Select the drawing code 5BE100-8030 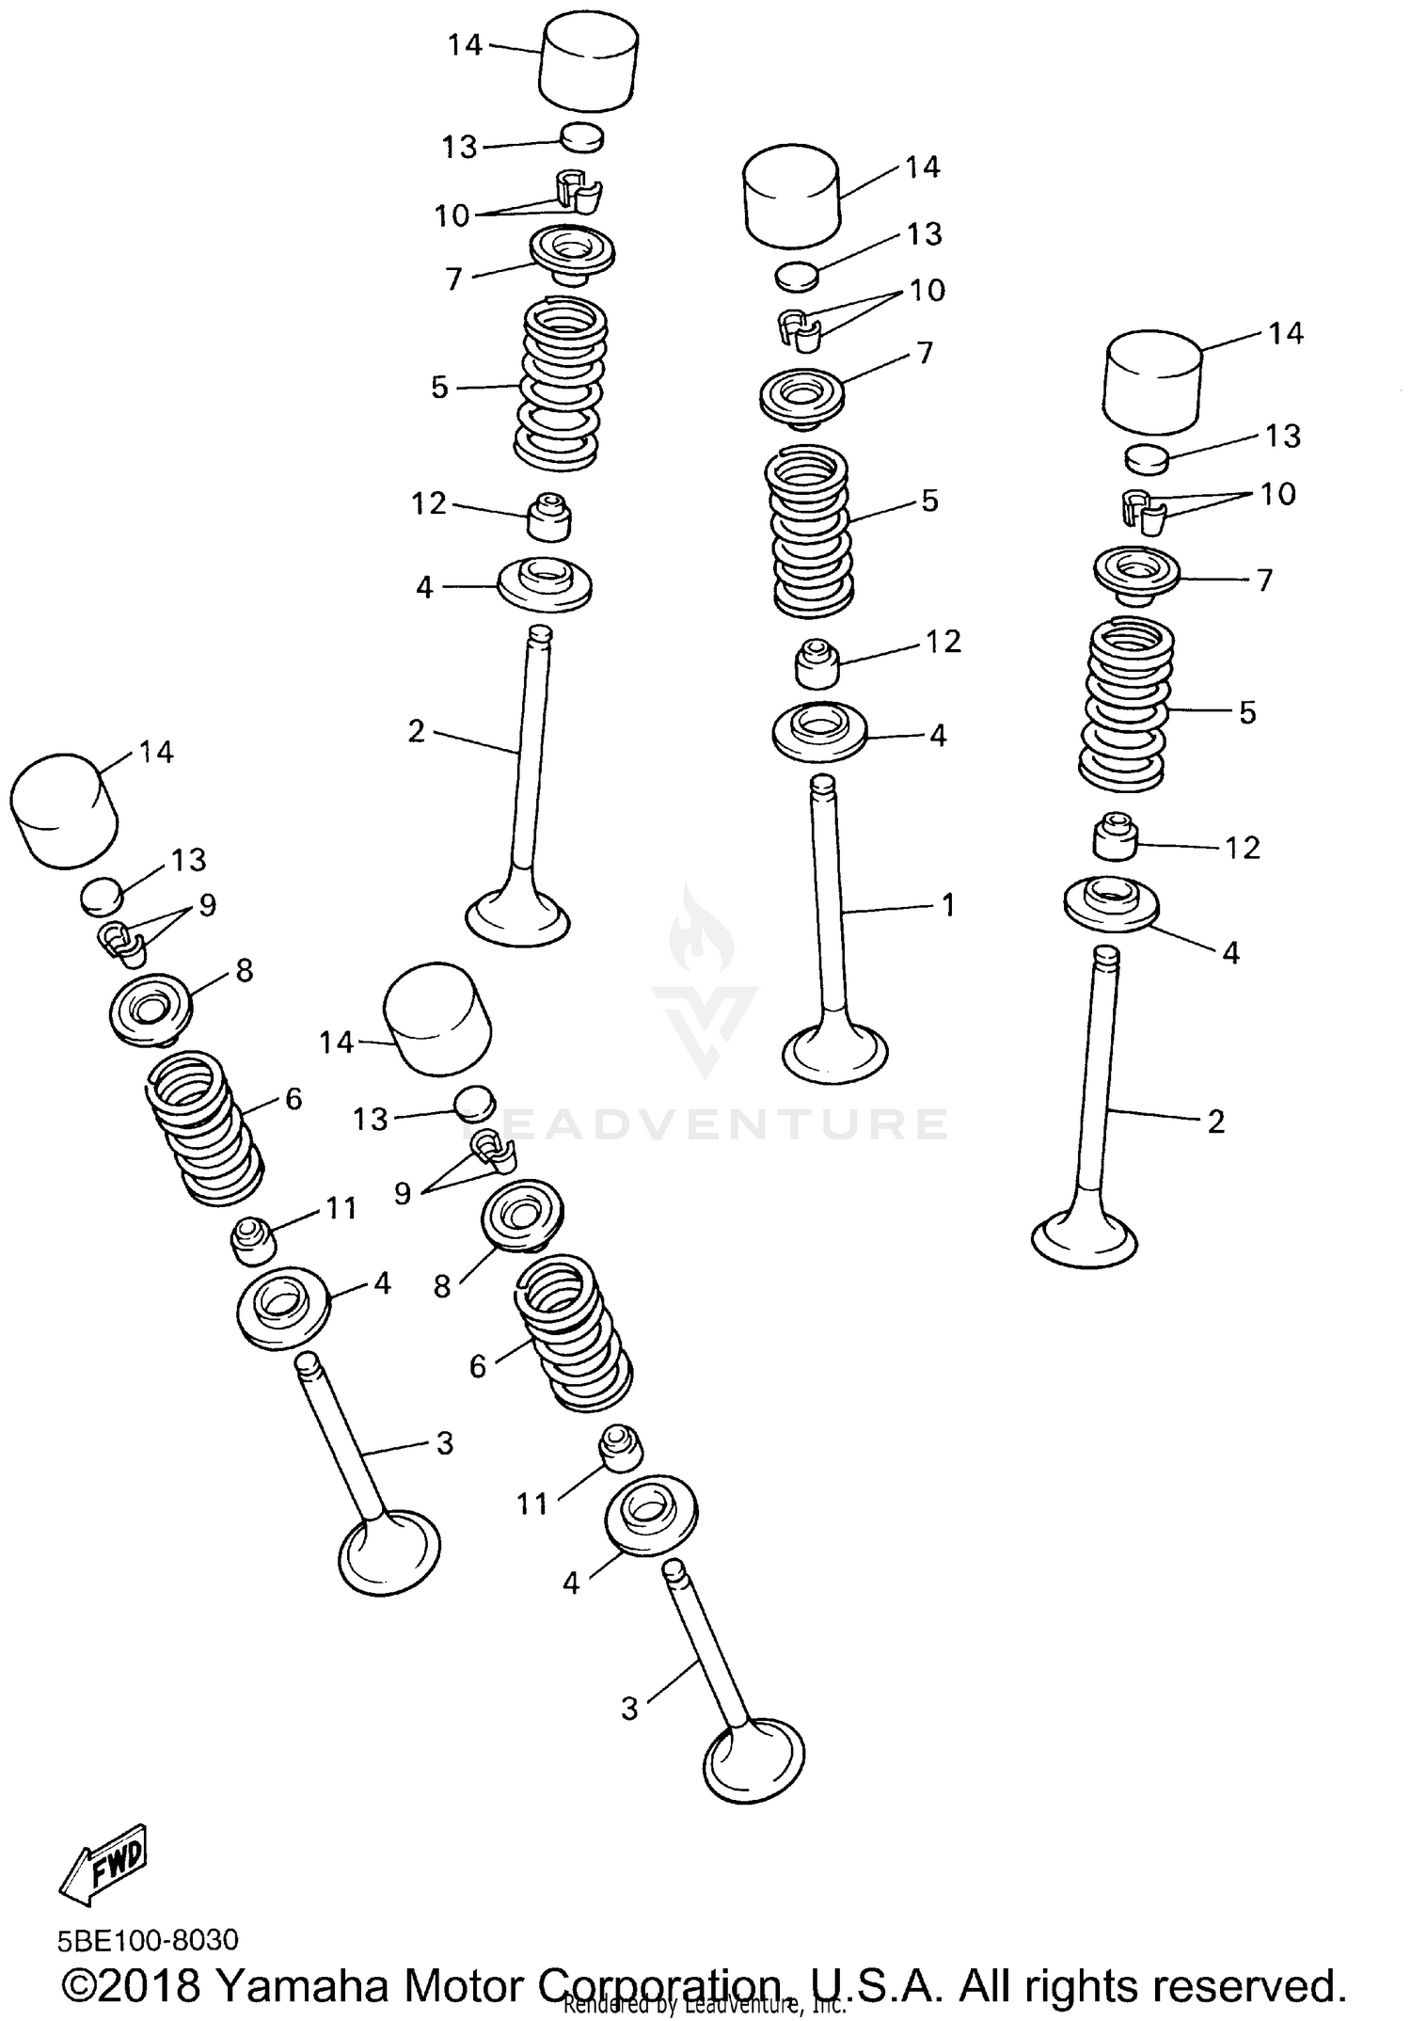[x=148, y=1940]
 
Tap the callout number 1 [x=948, y=905]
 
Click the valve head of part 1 [x=835, y=1052]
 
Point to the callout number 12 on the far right [x=1242, y=848]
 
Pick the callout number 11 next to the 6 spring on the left [x=341, y=1207]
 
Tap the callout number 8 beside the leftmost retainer [x=245, y=969]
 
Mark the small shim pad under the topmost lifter [x=582, y=137]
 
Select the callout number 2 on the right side [x=1215, y=1121]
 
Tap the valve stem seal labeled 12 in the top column [x=548, y=517]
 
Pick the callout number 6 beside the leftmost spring [x=293, y=1098]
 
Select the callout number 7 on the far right [x=1264, y=580]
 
